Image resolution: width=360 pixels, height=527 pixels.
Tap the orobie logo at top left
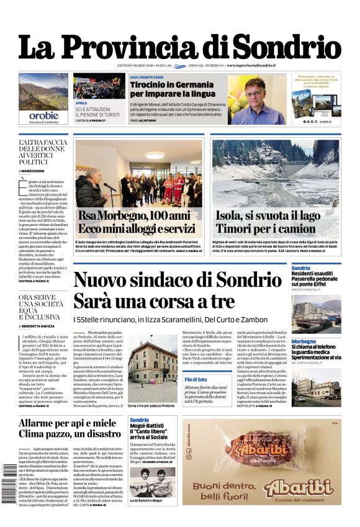coord(43,115)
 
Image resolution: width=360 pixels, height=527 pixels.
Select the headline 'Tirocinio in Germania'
coord(164,84)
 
